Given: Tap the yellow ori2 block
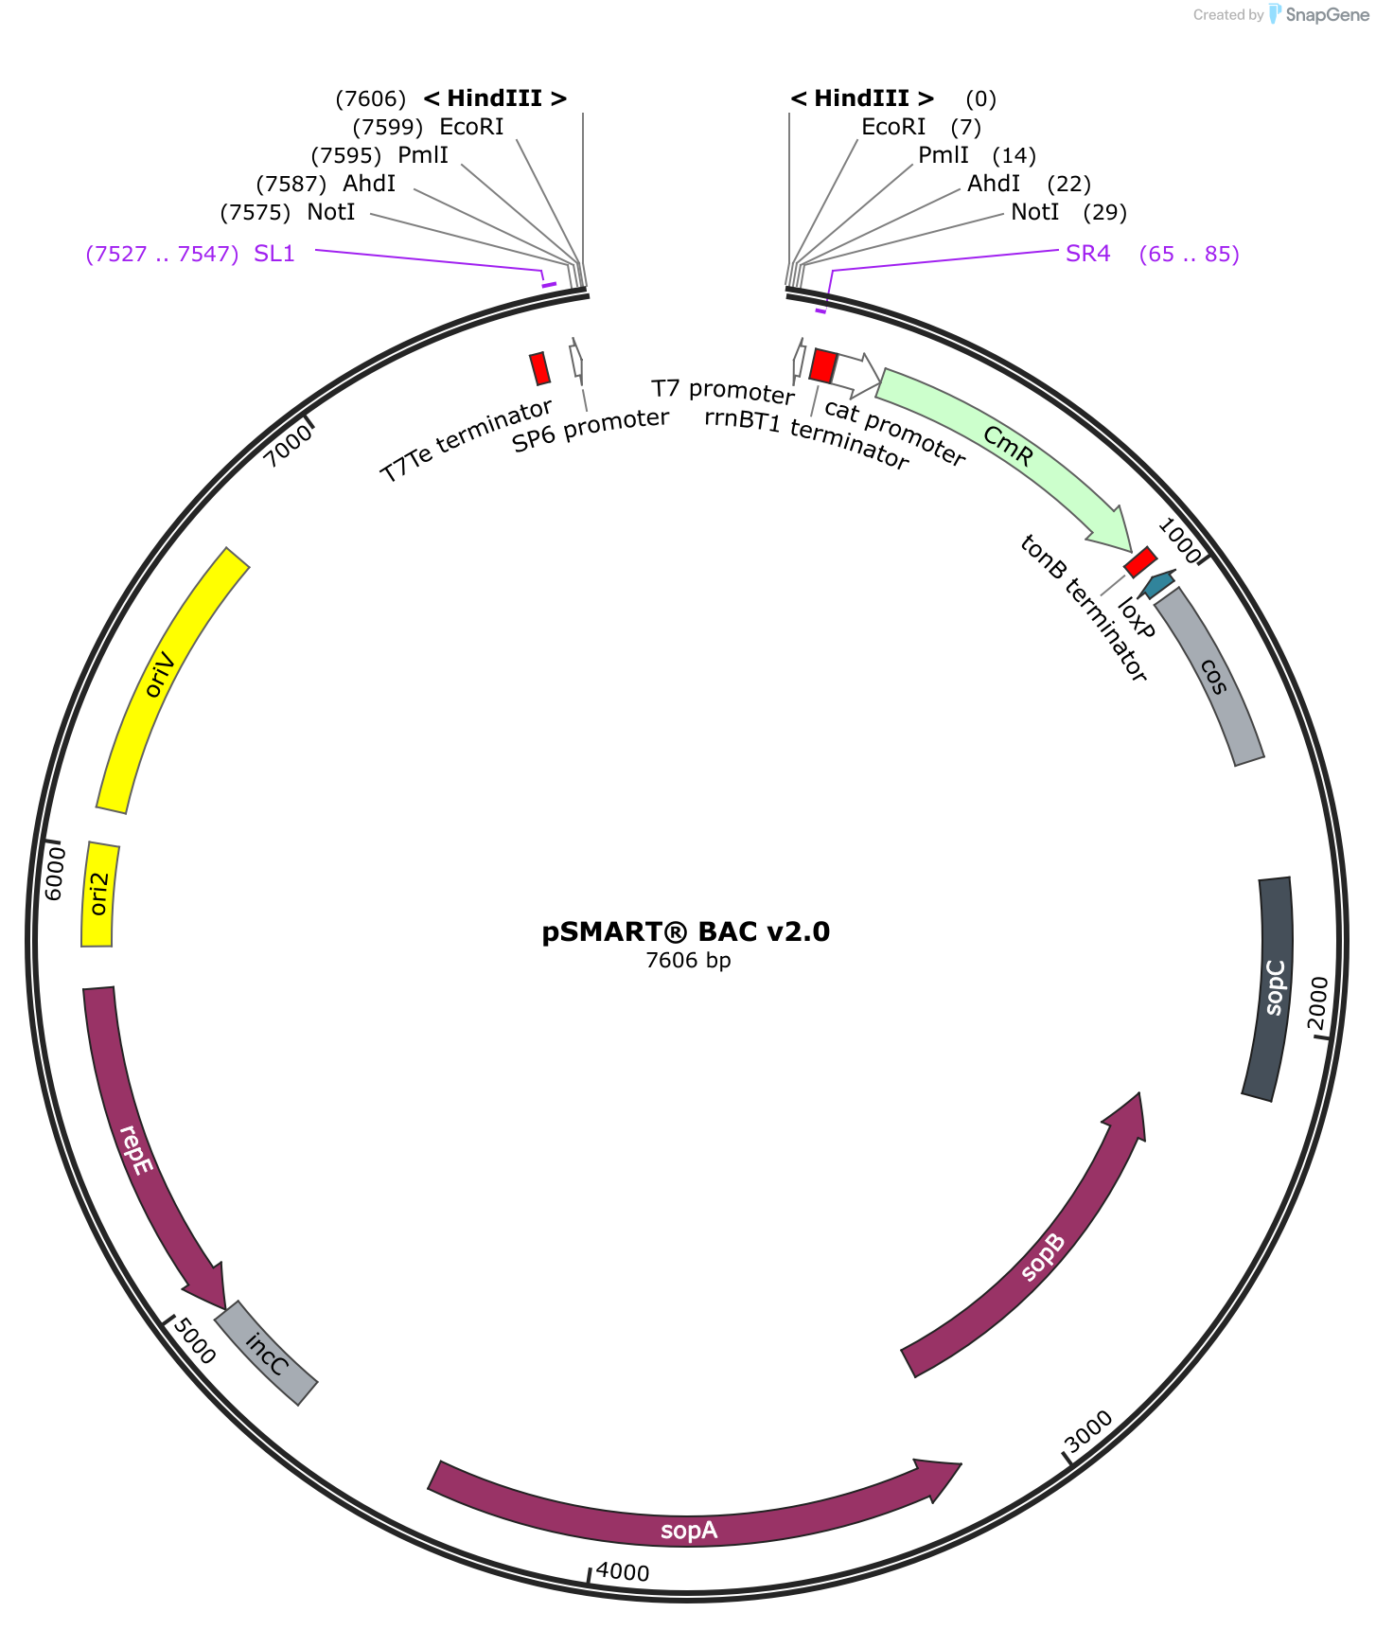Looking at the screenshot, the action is [x=99, y=894].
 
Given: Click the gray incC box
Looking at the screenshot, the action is [x=266, y=1353].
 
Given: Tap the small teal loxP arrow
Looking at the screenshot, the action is [x=1157, y=584].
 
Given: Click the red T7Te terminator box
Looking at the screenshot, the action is [x=539, y=368].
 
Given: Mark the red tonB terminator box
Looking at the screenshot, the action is [x=1140, y=561].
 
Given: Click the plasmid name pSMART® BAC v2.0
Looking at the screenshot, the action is [x=686, y=932].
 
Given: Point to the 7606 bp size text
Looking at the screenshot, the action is [x=688, y=961].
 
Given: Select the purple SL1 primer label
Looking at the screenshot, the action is [x=274, y=254].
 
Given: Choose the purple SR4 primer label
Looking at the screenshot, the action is [x=1088, y=254].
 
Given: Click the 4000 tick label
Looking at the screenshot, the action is [x=623, y=1572].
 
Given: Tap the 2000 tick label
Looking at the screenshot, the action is [x=1318, y=1001].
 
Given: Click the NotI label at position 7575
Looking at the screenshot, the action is [x=331, y=212].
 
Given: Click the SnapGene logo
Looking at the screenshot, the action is [x=1319, y=14].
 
